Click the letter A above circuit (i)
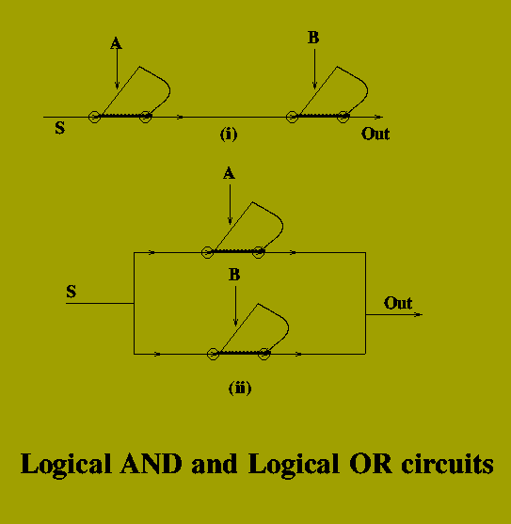pos(116,43)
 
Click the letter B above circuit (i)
pos(313,38)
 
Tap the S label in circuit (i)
pos(60,128)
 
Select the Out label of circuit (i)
pos(375,134)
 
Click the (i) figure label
pos(229,134)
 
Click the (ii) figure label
pos(240,388)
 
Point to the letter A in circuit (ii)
pos(229,173)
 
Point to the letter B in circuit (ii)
pos(234,275)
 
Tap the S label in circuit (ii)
pos(72,292)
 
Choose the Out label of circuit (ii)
pos(398,303)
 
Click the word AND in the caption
pos(152,464)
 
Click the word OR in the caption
pos(371,464)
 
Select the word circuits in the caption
pos(448,464)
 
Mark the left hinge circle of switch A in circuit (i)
pos(95,117)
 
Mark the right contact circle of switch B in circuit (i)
pos(343,117)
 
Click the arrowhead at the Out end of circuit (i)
pos(379,117)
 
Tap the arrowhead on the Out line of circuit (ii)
pos(419,314)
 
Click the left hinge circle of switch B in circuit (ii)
pos(214,354)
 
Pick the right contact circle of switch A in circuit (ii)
pos(259,253)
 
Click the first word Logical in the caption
pos(66,464)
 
